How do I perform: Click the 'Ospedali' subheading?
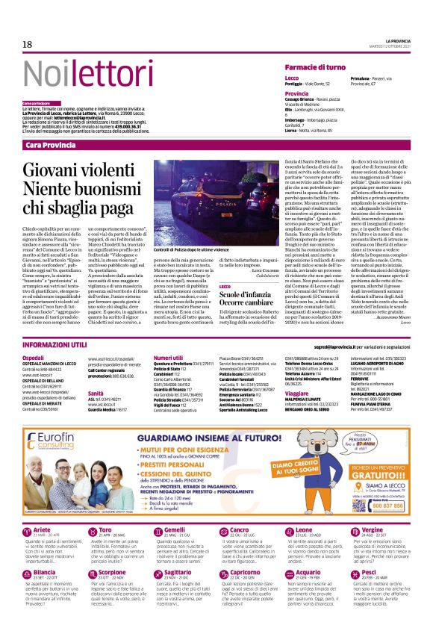click(x=34, y=358)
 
